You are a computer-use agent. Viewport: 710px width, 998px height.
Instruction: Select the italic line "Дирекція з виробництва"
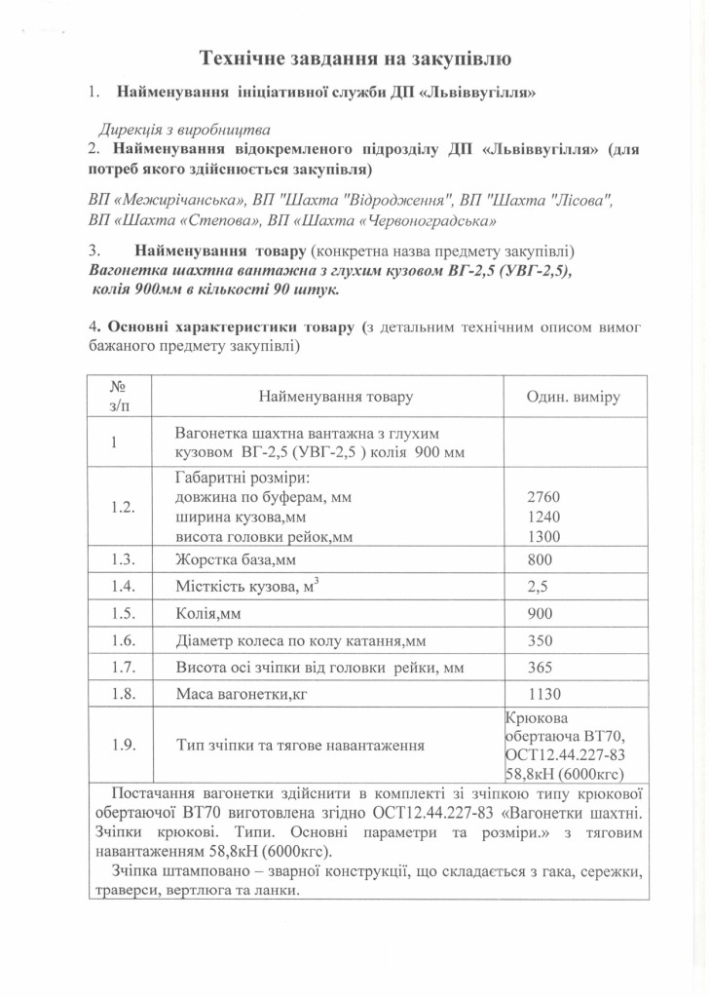[184, 129]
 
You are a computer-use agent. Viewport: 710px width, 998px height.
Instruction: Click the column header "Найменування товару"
[335, 398]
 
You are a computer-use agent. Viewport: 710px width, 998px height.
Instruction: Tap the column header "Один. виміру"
[574, 398]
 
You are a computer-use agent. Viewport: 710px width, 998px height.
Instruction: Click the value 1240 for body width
[542, 518]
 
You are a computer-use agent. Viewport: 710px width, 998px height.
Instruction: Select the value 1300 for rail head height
[542, 537]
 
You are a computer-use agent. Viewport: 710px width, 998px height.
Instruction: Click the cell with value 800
[540, 560]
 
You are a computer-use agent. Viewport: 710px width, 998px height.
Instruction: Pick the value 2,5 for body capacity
[538, 588]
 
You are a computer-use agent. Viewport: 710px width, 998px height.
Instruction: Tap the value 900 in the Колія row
[540, 614]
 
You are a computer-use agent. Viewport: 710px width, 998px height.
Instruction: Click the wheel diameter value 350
[540, 640]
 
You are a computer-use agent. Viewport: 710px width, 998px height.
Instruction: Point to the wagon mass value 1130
[542, 694]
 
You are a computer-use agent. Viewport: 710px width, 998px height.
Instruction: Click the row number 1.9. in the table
[123, 746]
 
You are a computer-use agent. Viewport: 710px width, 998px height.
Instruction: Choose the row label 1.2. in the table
[123, 508]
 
